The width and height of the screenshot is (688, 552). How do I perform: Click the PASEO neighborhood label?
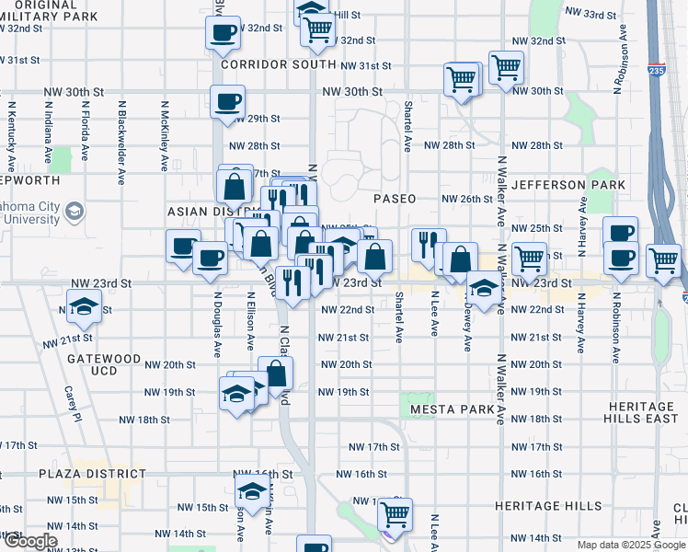click(x=395, y=199)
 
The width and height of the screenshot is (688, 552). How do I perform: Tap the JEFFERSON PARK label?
click(x=575, y=185)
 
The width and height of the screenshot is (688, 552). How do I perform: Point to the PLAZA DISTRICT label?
click(x=92, y=474)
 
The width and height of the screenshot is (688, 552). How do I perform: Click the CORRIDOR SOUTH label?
click(x=278, y=64)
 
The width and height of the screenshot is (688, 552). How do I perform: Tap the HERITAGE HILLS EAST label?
click(x=648, y=412)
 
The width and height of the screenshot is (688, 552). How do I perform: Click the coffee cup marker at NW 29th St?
click(x=227, y=101)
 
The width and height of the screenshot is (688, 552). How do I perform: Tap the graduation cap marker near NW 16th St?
click(x=251, y=492)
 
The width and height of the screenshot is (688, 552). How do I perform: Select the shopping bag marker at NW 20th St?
click(x=275, y=373)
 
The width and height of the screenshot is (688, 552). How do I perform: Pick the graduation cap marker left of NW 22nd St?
click(x=84, y=305)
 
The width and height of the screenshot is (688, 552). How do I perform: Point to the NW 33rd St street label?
click(x=591, y=15)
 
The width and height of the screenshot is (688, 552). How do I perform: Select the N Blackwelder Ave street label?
click(x=120, y=138)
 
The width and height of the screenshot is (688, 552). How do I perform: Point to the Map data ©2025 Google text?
click(x=630, y=545)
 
